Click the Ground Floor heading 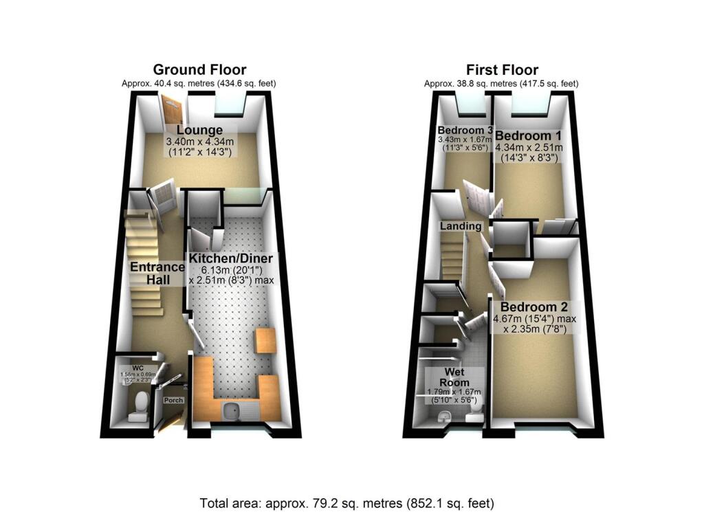pos(199,69)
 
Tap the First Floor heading pos(502,69)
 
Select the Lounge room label pos(199,130)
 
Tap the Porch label pos(172,399)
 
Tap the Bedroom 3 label pos(465,131)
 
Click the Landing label pos(461,225)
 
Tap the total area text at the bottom pos(346,502)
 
